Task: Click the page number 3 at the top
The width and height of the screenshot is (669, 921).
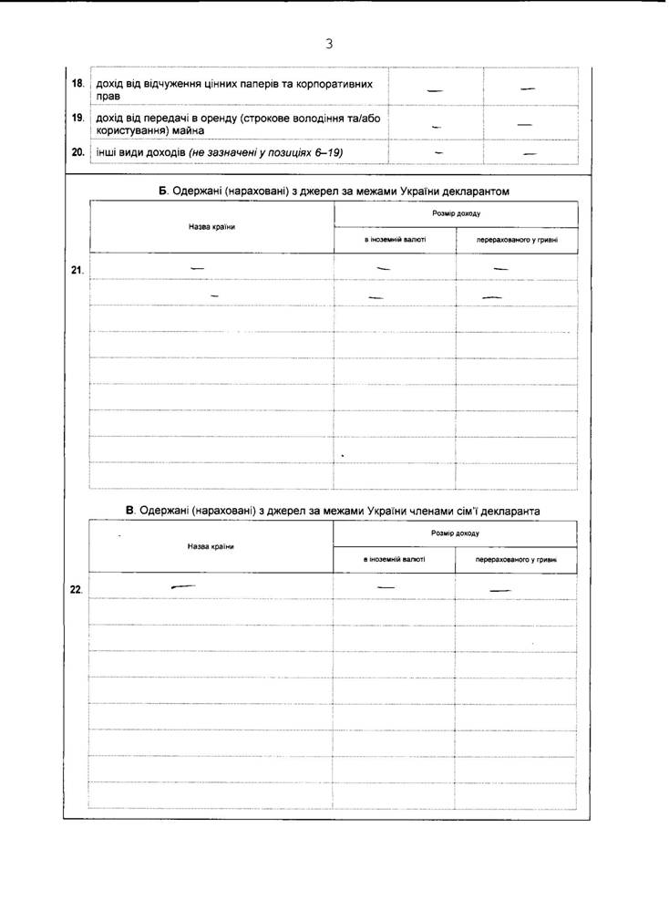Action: [x=328, y=43]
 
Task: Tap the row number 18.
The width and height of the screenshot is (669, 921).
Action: [x=78, y=83]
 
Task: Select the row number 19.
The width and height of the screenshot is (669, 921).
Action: [x=78, y=118]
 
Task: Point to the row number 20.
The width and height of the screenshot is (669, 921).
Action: [x=78, y=151]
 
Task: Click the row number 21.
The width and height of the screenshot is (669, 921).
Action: [x=77, y=270]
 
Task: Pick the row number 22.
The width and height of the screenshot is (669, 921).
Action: [x=77, y=589]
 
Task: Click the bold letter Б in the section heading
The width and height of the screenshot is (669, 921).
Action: [x=162, y=191]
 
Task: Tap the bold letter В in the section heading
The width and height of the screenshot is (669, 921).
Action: [x=129, y=511]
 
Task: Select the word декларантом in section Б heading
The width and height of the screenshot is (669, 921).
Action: [x=475, y=191]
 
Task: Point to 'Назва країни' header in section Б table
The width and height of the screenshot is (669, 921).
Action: [x=211, y=226]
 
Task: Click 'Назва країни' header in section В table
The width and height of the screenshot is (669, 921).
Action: [x=211, y=545]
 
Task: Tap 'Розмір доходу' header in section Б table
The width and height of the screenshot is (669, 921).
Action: [x=458, y=213]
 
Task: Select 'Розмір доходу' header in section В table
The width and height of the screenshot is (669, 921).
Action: [x=457, y=533]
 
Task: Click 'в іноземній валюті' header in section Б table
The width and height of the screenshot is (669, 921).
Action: [x=394, y=241]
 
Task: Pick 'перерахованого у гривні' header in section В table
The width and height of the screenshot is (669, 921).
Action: [x=516, y=560]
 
